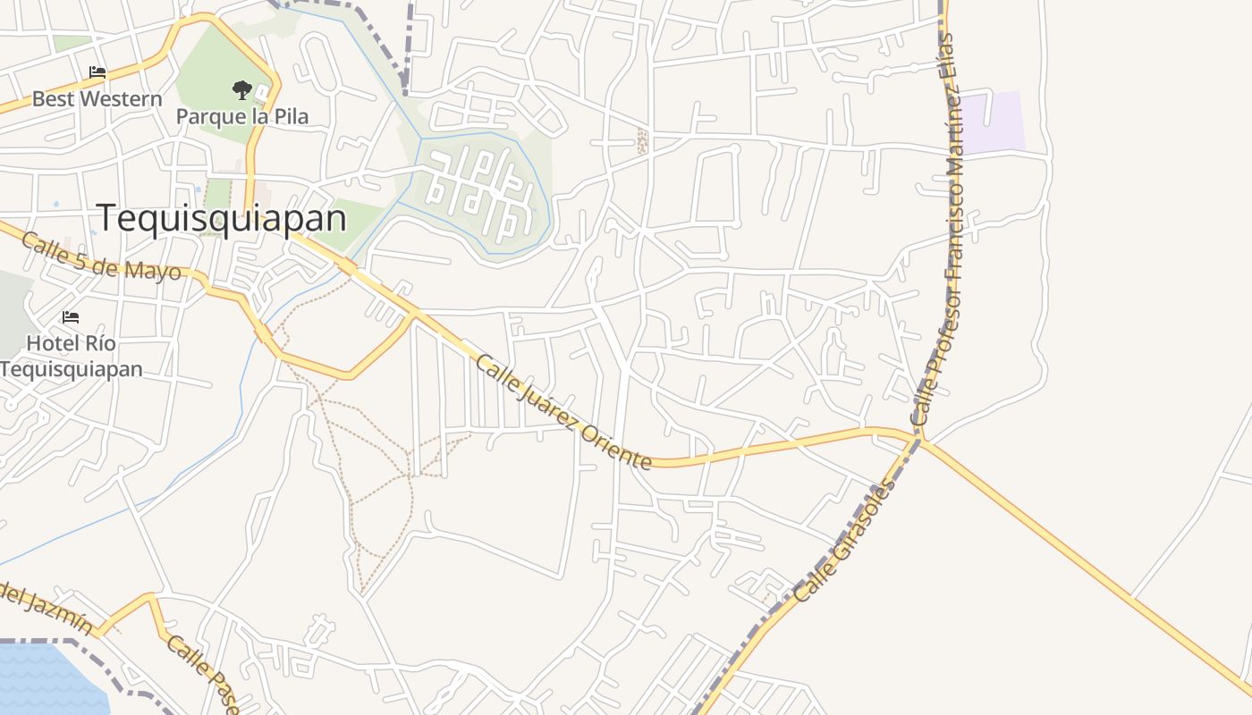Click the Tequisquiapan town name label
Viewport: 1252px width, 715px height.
pyautogui.click(x=221, y=218)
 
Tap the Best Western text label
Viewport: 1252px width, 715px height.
pyautogui.click(x=97, y=99)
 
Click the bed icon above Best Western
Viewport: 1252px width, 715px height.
pyautogui.click(x=97, y=72)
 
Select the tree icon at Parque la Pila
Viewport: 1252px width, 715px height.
pyautogui.click(x=241, y=89)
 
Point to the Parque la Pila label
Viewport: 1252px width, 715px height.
pyautogui.click(x=241, y=116)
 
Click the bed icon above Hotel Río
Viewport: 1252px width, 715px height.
pyautogui.click(x=71, y=317)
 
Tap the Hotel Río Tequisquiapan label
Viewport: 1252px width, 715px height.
pyautogui.click(x=71, y=356)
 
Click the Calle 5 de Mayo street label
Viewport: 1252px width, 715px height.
pyautogui.click(x=101, y=257)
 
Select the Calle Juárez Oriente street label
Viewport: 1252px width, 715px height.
pyautogui.click(x=563, y=412)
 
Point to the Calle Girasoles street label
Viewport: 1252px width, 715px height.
pyautogui.click(x=843, y=541)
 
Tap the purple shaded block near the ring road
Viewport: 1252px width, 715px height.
pyautogui.click(x=993, y=122)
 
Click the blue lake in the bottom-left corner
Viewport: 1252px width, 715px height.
pyautogui.click(x=45, y=679)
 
